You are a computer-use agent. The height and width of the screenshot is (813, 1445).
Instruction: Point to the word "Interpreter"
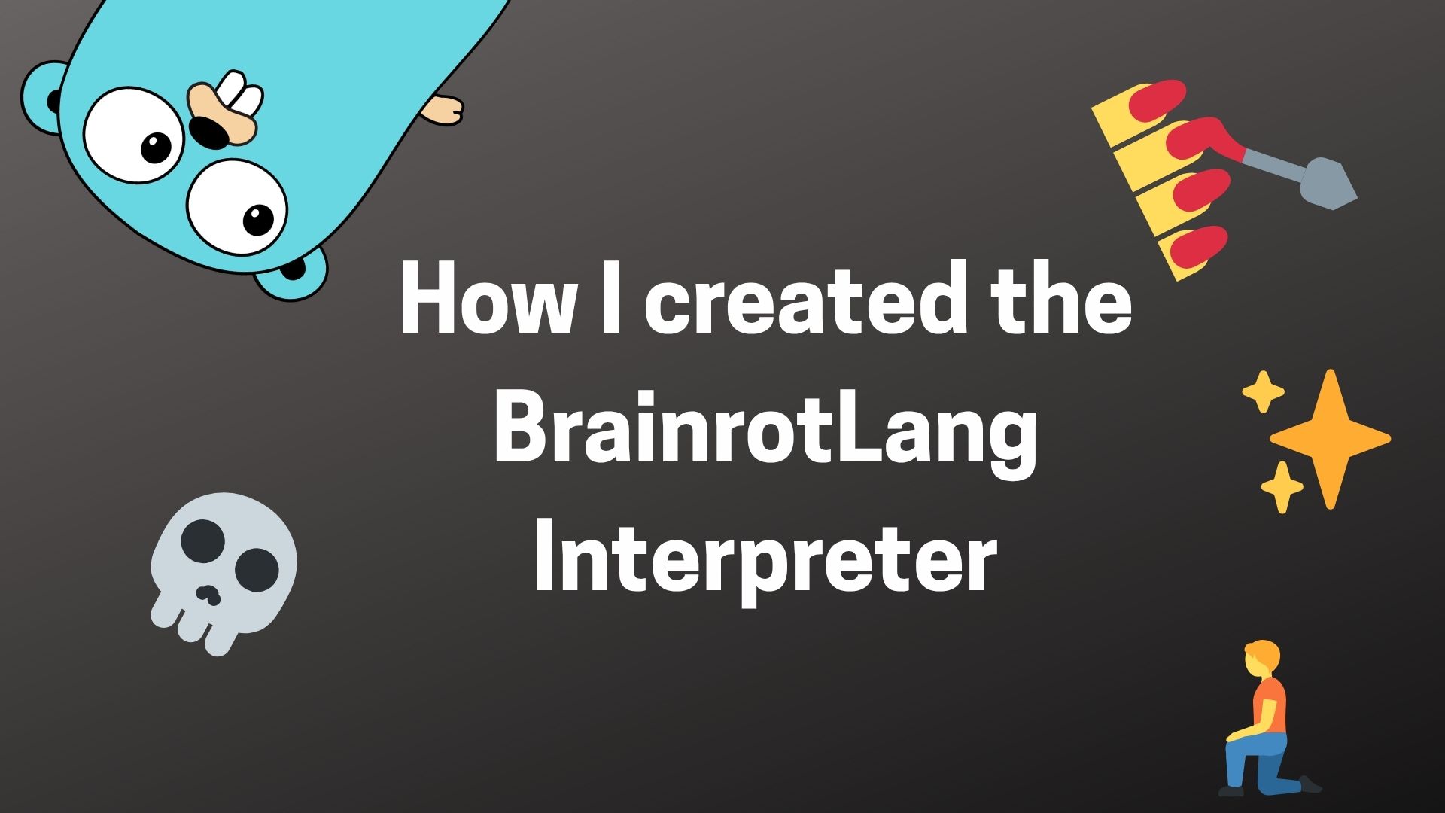[765, 561]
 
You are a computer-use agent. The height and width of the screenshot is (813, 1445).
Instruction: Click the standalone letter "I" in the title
[611, 297]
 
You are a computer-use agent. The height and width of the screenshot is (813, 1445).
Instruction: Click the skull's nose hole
[207, 595]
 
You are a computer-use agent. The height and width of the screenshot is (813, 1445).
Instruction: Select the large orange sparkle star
[1330, 438]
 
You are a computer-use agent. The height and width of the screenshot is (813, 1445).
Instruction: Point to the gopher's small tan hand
[443, 110]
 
